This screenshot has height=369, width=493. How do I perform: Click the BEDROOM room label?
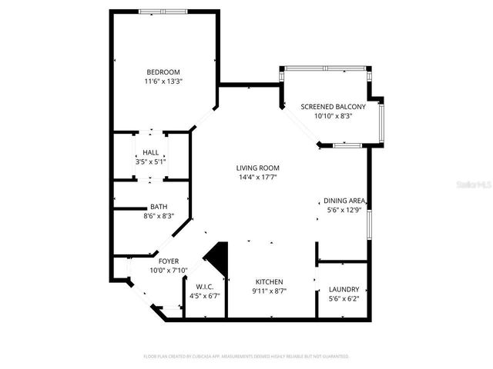click(x=163, y=72)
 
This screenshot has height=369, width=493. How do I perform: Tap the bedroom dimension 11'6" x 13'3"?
click(x=163, y=81)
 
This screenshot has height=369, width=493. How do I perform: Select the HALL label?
click(x=151, y=153)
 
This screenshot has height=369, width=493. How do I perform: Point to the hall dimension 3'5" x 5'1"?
click(x=151, y=161)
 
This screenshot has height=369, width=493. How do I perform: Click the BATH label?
click(x=159, y=208)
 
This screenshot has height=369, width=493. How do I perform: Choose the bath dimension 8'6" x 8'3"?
click(x=159, y=216)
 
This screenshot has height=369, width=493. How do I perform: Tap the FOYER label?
click(x=169, y=261)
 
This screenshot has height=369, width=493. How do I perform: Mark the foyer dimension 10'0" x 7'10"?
click(x=169, y=270)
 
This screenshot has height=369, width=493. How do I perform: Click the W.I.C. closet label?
click(x=204, y=288)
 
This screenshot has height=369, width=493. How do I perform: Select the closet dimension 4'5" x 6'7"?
click(x=204, y=296)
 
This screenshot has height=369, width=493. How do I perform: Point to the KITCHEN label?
click(x=269, y=282)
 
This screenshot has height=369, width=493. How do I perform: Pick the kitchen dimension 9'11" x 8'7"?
click(x=269, y=291)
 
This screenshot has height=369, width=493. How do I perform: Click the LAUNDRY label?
click(x=344, y=289)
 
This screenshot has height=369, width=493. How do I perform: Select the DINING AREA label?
click(x=344, y=201)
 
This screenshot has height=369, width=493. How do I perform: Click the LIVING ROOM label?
click(x=258, y=168)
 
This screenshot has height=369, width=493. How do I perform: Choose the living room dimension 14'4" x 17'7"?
click(x=258, y=177)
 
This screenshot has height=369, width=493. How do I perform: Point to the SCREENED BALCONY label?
click(x=333, y=107)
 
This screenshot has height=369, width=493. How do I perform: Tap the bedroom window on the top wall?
click(x=163, y=11)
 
